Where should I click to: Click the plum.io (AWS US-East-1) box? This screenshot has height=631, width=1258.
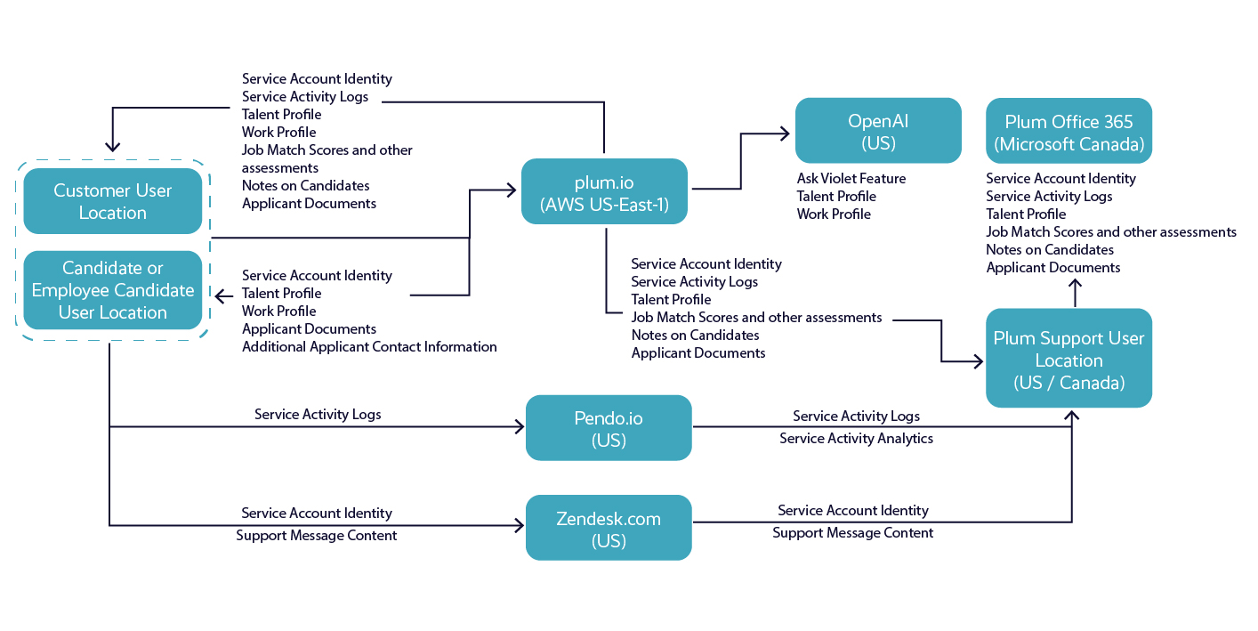click(x=604, y=191)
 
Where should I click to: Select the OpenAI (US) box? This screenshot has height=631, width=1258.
click(x=878, y=131)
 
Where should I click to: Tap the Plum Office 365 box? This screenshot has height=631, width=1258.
click(x=1068, y=131)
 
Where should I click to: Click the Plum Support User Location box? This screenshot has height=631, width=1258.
click(x=1068, y=359)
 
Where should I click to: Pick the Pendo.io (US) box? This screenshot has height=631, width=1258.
click(x=609, y=428)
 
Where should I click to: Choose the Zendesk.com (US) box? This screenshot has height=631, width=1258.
click(x=609, y=528)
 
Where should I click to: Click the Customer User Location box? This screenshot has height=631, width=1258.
click(x=112, y=201)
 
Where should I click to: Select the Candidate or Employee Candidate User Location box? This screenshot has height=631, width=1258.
click(x=112, y=290)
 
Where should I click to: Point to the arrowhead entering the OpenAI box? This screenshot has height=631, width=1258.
click(x=785, y=133)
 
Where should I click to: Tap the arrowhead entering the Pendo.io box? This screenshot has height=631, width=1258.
click(x=519, y=427)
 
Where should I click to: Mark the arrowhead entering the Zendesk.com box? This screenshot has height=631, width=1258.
click(x=519, y=526)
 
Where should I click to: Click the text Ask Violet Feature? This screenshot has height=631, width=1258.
click(x=851, y=179)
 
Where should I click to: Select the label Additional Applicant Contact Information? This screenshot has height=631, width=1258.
click(x=369, y=347)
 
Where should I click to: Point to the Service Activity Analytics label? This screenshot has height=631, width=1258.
click(x=856, y=439)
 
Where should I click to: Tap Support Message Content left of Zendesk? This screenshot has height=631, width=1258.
click(x=317, y=536)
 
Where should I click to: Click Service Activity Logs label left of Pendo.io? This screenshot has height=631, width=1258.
click(x=318, y=415)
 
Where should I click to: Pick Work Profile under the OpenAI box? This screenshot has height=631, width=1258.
click(x=834, y=214)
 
